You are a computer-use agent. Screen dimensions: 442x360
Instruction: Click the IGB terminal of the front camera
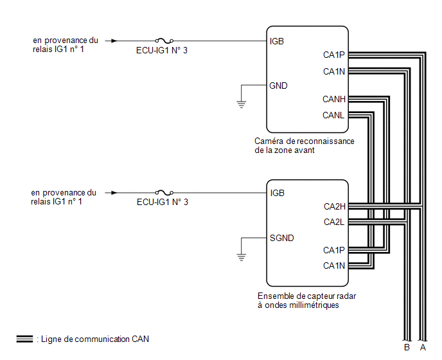coord(276,42)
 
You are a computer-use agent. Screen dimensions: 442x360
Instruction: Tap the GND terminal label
coord(278,85)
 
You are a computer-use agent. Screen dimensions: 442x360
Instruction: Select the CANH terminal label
coord(334,99)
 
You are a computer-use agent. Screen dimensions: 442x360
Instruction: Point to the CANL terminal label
coord(333,115)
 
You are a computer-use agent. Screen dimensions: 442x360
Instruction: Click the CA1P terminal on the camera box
coord(334,55)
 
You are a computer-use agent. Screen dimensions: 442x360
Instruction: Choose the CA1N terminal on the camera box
coord(334,71)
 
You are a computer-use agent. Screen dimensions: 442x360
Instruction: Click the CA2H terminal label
coord(334,206)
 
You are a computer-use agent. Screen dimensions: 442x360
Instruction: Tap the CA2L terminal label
coord(334,222)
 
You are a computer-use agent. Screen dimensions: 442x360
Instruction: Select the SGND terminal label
coord(281,238)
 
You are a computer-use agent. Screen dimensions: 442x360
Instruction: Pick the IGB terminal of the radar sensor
coord(277,193)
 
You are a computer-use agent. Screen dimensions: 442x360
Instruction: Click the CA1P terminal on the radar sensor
coord(334,250)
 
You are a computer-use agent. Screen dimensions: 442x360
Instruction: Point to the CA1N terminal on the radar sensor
coord(334,265)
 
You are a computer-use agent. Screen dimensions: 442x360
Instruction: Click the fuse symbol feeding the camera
coord(164,40)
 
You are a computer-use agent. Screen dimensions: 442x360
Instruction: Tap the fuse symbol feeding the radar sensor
coord(164,192)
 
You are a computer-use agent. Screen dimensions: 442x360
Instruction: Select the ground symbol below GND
coord(242,104)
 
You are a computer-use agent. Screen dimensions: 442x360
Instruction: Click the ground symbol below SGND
coord(242,257)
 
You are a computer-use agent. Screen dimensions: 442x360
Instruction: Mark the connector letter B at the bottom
coord(407,347)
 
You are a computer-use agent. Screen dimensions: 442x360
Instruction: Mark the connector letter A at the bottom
coord(423,347)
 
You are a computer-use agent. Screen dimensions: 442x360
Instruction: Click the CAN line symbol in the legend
coord(24,339)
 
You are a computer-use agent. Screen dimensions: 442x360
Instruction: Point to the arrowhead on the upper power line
coord(114,41)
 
